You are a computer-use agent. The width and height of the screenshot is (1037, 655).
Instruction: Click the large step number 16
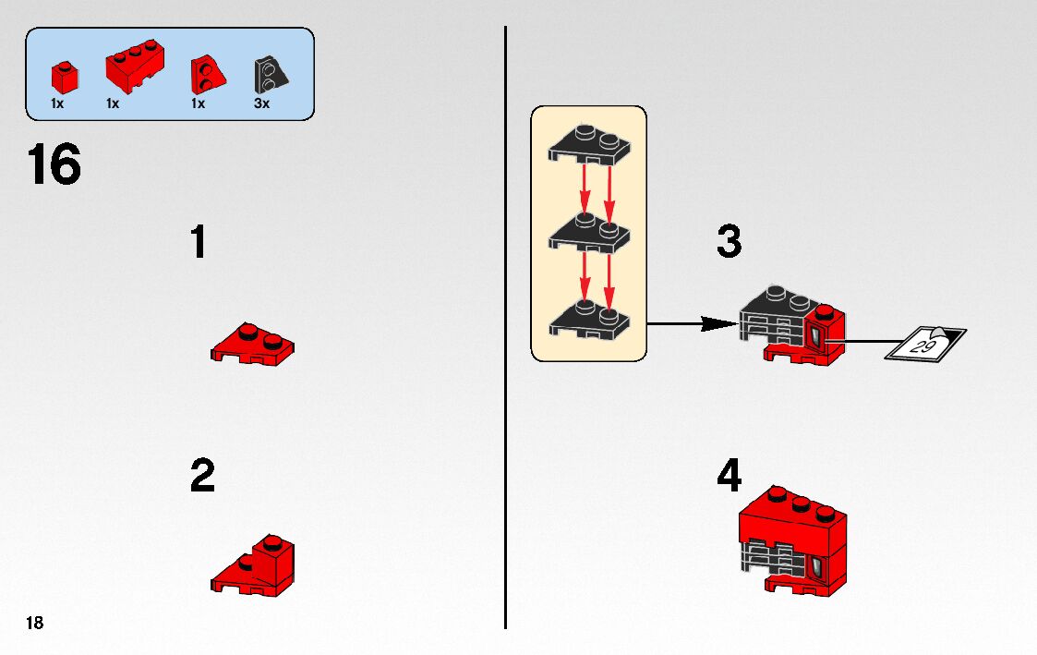pos(54,166)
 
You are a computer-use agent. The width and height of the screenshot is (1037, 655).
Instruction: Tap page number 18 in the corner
pos(35,623)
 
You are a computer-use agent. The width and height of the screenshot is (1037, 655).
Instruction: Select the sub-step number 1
pos(198,243)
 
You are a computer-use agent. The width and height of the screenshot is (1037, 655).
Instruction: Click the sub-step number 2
pos(202,477)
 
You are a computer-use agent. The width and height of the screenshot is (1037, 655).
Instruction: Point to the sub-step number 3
pos(729,242)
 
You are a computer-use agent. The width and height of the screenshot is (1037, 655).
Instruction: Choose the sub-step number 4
pos(730,477)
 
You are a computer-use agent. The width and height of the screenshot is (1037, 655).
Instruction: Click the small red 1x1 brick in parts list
pos(62,75)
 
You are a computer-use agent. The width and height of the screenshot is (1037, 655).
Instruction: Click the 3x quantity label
pos(261,103)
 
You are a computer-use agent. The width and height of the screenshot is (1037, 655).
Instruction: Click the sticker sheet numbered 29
pos(924,344)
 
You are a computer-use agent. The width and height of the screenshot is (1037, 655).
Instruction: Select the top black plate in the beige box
pos(587,146)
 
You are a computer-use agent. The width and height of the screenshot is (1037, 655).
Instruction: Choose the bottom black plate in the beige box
pos(587,318)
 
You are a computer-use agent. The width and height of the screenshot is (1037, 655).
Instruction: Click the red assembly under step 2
pos(258,564)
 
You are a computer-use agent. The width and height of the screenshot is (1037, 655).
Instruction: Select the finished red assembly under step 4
pos(793,540)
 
